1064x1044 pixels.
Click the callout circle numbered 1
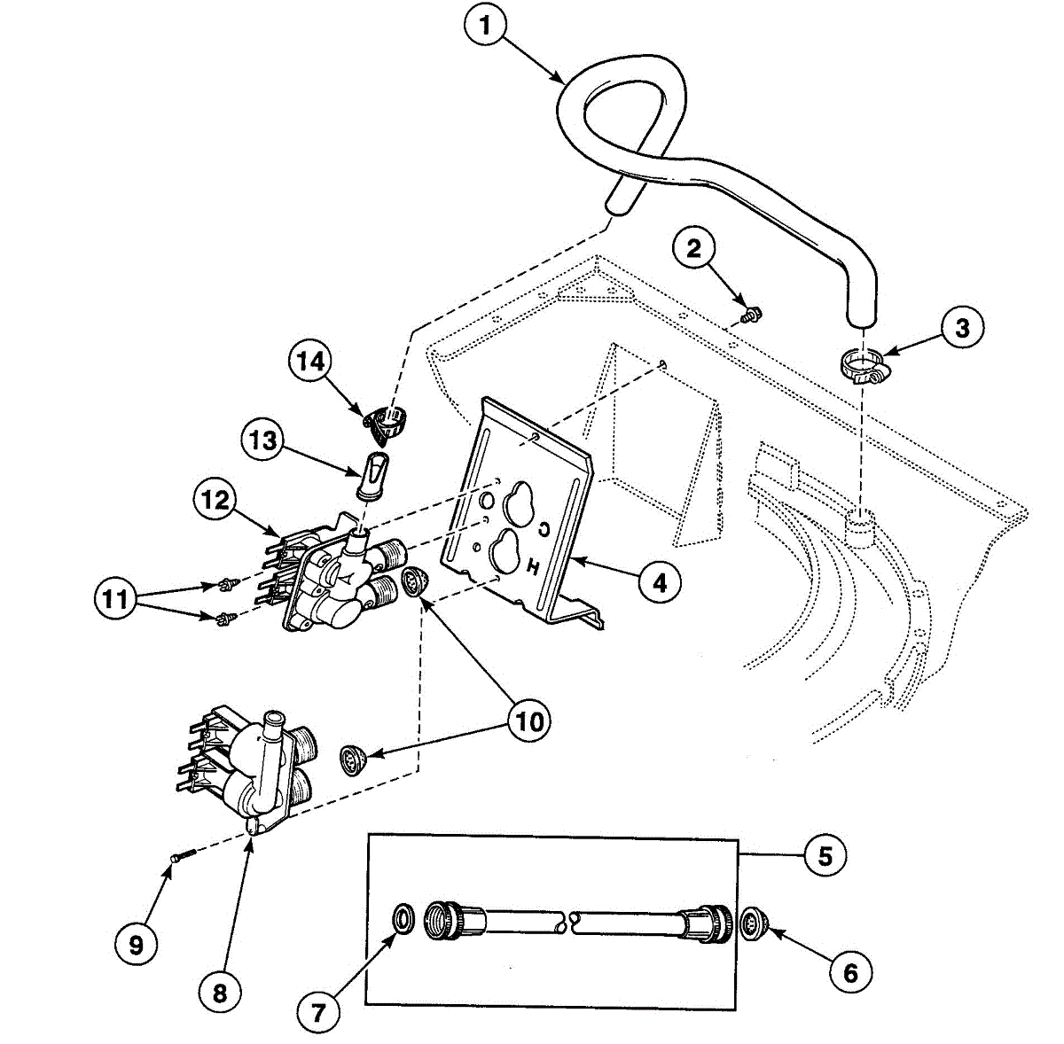[484, 27]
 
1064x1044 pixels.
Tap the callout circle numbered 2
[693, 248]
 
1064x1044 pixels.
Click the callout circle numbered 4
[659, 582]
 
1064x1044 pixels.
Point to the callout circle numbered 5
[825, 855]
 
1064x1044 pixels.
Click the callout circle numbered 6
[850, 972]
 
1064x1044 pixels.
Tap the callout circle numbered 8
[219, 993]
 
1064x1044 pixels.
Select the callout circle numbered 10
[529, 721]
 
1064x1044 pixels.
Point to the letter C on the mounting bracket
[544, 529]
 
